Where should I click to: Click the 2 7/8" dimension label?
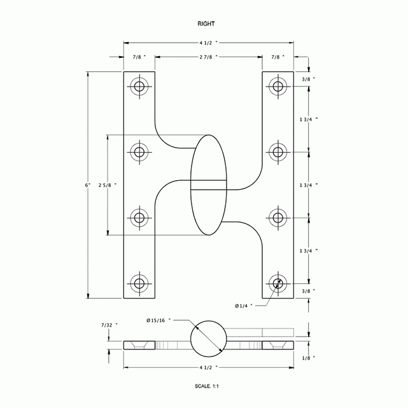208,57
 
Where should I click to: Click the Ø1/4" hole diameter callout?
243,306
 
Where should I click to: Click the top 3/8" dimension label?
307,79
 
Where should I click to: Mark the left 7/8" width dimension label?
139,57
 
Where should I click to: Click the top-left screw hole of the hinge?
139,87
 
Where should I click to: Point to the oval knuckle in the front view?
208,185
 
